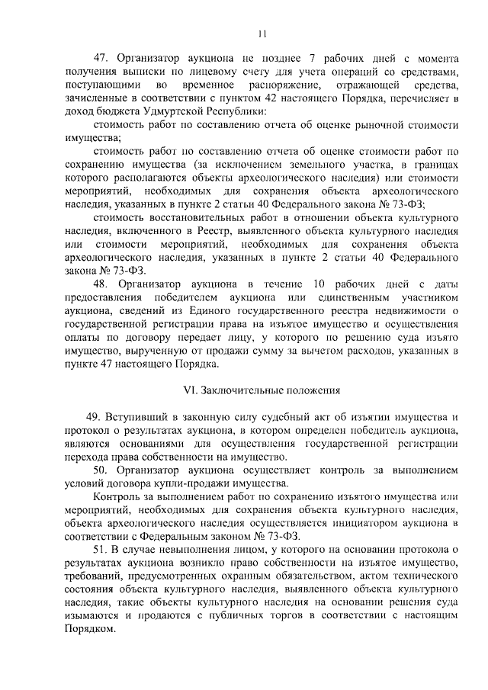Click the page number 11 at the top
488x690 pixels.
pos(262,34)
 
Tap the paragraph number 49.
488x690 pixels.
pos(95,418)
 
